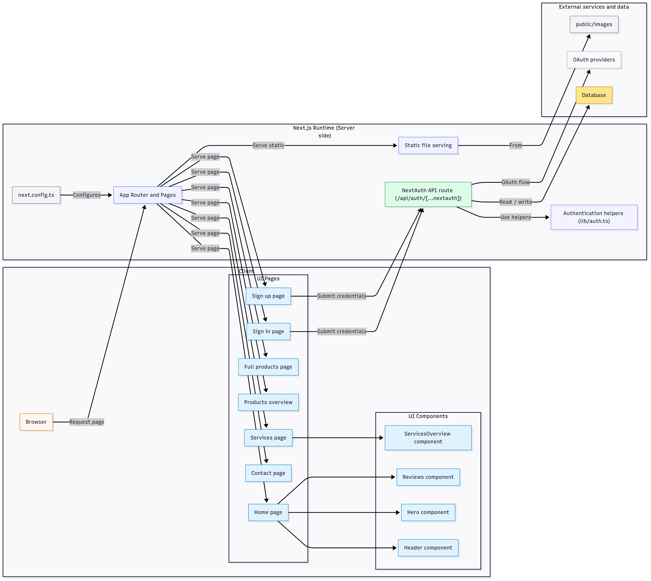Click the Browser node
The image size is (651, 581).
36,422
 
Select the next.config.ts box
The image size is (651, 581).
36,195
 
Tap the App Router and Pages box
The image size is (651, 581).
147,195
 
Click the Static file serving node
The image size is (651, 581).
428,145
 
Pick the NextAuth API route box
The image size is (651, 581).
428,194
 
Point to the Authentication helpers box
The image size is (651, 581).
594,217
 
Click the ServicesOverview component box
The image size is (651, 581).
428,437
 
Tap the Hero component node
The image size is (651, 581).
428,512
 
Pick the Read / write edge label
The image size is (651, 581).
515,202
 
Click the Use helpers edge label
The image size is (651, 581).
515,217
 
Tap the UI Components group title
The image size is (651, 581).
428,416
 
